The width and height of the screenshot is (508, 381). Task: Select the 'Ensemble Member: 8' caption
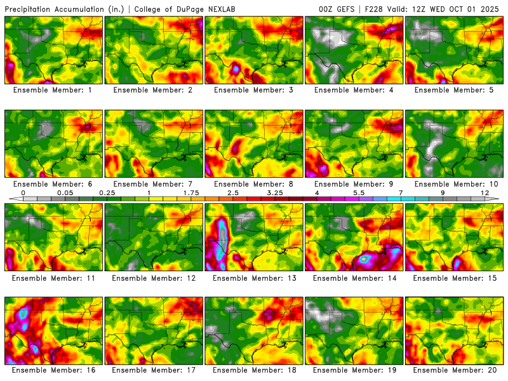[x=254, y=184]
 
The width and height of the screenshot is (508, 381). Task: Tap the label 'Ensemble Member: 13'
[x=254, y=277]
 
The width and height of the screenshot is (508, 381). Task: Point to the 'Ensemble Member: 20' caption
[x=455, y=370]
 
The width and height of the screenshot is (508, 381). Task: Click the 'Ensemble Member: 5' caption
[x=455, y=90]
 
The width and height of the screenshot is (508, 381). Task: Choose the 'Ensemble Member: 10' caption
[x=455, y=184]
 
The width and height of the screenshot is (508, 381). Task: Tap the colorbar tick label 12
[x=485, y=192]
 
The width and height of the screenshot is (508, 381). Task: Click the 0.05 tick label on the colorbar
[x=65, y=192]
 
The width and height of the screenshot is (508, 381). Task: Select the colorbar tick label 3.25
[x=274, y=192]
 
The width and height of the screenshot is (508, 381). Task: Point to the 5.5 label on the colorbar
[x=358, y=192]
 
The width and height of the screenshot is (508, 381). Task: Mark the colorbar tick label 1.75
[x=190, y=192]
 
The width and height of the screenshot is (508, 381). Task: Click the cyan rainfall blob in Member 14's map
[x=365, y=258]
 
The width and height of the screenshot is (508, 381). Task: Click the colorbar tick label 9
[x=443, y=192]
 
